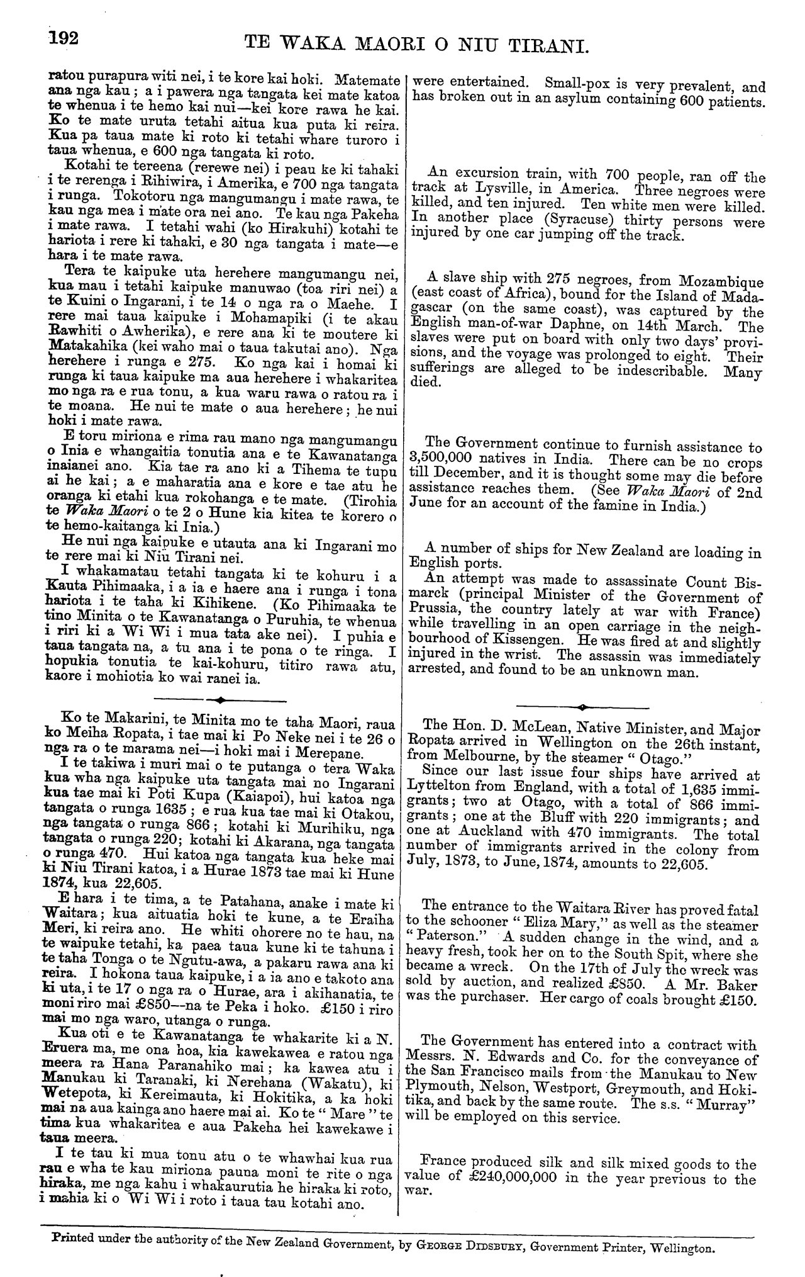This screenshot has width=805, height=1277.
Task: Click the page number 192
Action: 64,38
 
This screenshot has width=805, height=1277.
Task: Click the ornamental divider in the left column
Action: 220,699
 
